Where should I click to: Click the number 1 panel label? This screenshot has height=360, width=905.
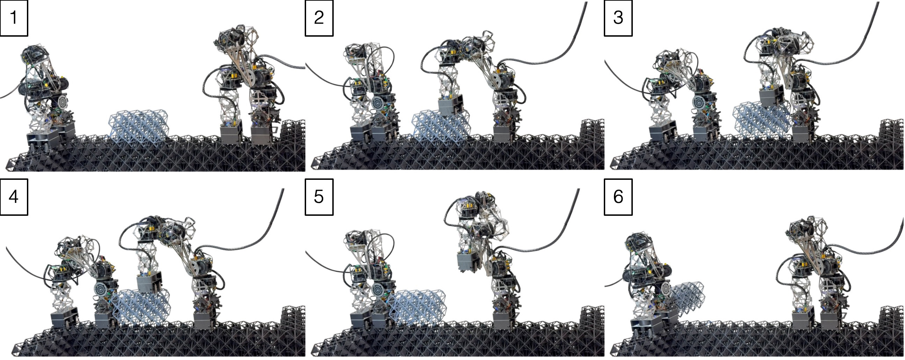[x=14, y=18]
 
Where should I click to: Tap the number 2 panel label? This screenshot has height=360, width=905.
[x=319, y=18]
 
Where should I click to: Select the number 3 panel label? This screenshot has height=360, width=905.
[x=618, y=18]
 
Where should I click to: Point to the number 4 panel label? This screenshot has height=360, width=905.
[x=14, y=197]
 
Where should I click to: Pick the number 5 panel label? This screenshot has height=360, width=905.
[x=319, y=197]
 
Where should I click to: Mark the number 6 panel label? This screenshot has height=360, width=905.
[x=618, y=197]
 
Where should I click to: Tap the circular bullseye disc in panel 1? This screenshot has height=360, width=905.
[x=64, y=102]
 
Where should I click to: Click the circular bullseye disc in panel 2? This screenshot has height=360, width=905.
[x=378, y=104]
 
